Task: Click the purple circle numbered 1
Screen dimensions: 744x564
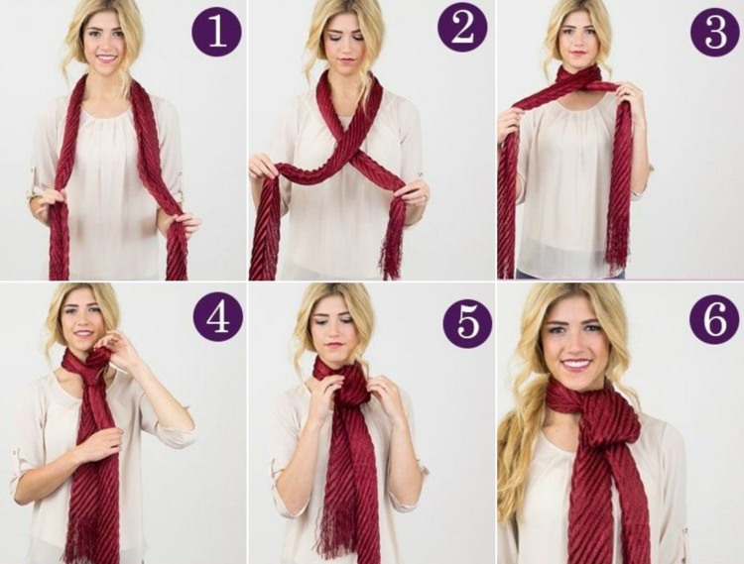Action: click(x=216, y=33)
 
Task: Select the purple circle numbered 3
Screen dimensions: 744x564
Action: click(x=715, y=33)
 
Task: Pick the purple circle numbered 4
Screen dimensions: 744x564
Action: click(x=218, y=318)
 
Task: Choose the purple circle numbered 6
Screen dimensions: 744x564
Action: click(x=714, y=318)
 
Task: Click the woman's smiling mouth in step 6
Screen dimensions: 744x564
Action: click(x=576, y=365)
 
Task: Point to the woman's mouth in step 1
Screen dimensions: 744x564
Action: click(x=107, y=58)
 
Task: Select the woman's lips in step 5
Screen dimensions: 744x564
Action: click(x=334, y=344)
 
